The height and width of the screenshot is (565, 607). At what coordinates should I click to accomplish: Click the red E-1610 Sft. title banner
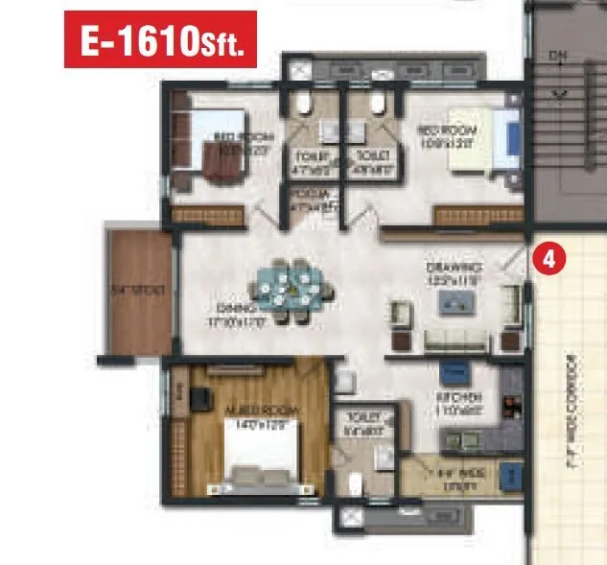tap(160, 39)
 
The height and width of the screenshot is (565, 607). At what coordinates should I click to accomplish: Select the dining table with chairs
tap(289, 288)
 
